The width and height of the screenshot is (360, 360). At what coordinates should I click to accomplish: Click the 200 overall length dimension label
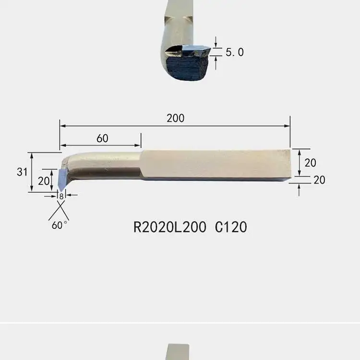click(x=175, y=118)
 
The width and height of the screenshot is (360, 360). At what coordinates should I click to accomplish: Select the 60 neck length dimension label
click(x=102, y=138)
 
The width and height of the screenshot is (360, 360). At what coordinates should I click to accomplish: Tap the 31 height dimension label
click(x=22, y=172)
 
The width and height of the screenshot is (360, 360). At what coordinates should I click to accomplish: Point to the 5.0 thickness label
click(x=235, y=52)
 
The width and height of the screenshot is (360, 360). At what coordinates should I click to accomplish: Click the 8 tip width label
click(x=61, y=197)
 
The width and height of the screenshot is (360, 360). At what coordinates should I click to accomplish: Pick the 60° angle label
click(x=60, y=225)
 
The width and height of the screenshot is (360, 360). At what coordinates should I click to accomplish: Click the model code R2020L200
click(x=169, y=227)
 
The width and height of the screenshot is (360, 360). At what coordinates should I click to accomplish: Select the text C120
click(x=231, y=227)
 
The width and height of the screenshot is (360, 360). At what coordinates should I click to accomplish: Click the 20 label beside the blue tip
click(x=44, y=181)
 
